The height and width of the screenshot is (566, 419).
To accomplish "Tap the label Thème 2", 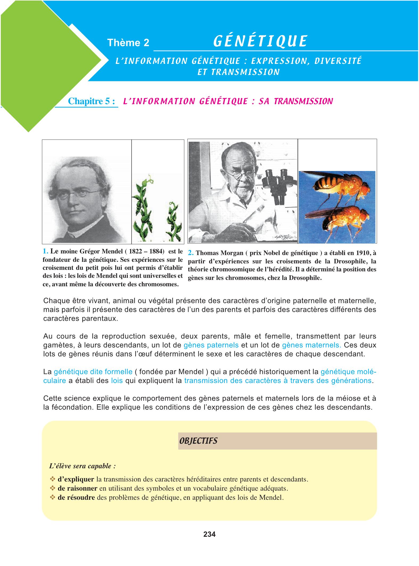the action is (x=128, y=43).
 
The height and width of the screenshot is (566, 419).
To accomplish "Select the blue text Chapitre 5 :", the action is (x=92, y=101).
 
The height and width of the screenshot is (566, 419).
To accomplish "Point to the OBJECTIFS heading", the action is (x=198, y=441).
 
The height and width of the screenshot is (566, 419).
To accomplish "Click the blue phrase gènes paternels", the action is (x=211, y=345).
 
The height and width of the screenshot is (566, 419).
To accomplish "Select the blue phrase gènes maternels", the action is (x=311, y=345).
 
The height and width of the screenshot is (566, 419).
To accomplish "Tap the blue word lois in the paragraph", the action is (x=117, y=381).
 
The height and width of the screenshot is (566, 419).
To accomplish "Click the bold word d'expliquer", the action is (x=76, y=479).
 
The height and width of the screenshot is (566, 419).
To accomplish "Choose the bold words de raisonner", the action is (x=77, y=488).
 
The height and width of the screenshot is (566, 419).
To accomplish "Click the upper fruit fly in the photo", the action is (x=339, y=187).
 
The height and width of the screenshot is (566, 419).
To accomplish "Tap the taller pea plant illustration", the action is (x=144, y=208).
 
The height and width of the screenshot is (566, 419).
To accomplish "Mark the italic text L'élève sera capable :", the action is (x=82, y=466).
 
